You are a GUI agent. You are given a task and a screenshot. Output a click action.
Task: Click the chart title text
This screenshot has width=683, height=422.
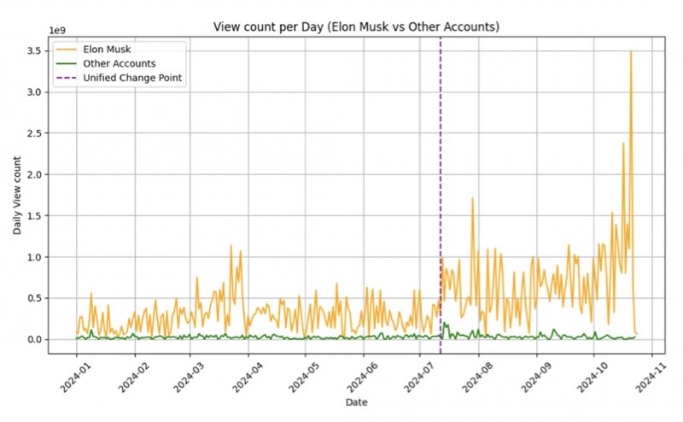pyautogui.click(x=356, y=27)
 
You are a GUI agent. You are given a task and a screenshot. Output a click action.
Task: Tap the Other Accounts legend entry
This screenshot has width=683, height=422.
pyautogui.click(x=119, y=63)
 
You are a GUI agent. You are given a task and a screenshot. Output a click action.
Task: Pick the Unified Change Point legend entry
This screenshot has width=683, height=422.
pyautogui.click(x=133, y=78)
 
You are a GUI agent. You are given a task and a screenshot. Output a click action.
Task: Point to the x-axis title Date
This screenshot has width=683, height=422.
pyautogui.click(x=356, y=401)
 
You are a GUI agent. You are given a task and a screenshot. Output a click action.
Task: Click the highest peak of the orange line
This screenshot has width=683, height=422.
pyautogui.click(x=631, y=52)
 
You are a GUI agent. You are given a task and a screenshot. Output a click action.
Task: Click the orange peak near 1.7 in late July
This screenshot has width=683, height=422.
pyautogui.click(x=472, y=199)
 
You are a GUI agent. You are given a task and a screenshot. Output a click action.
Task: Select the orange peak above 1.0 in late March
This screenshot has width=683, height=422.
pyautogui.click(x=231, y=246)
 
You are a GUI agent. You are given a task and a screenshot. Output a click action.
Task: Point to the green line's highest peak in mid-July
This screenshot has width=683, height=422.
pyautogui.click(x=445, y=324)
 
